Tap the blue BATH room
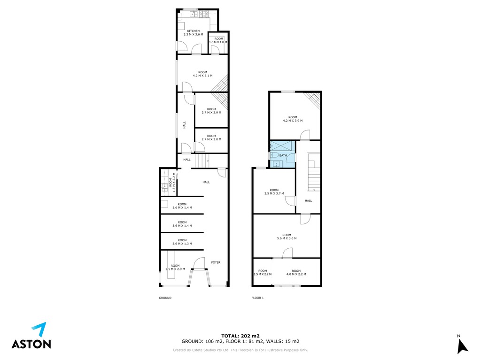(x=282, y=154)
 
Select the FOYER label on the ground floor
(x=216, y=262)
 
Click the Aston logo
(x=31, y=336)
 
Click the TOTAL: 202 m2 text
(x=240, y=336)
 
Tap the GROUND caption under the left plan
(x=165, y=298)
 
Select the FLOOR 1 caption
(x=257, y=298)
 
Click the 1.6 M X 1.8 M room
(x=219, y=42)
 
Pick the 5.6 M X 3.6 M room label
(x=287, y=237)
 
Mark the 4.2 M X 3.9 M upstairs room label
(x=293, y=119)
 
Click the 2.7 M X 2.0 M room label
(x=211, y=138)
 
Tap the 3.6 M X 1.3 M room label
(x=182, y=242)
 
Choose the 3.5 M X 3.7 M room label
(x=274, y=191)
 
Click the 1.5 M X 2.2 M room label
(x=263, y=272)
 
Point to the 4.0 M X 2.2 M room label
(x=296, y=272)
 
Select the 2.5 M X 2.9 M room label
(x=175, y=268)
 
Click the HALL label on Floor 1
(x=308, y=200)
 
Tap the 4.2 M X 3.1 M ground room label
(x=202, y=74)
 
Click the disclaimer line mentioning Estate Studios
(x=240, y=350)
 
